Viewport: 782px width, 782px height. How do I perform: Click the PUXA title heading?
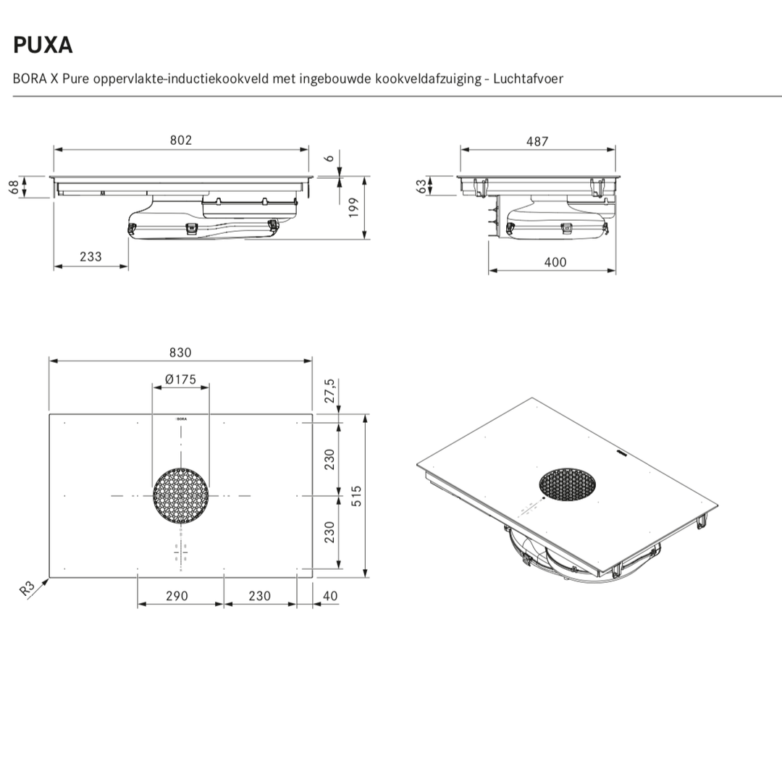tap(43, 45)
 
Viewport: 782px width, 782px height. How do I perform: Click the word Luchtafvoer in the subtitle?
tap(528, 78)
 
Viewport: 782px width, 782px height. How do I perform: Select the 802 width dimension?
tap(181, 140)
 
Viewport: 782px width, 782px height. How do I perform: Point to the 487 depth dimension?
tap(537, 141)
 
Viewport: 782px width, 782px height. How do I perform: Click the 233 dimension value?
tap(91, 256)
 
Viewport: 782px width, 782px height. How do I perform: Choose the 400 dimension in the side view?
tap(555, 262)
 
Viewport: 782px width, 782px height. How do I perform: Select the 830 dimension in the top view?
tap(180, 352)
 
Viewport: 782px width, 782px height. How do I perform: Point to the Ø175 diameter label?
tap(180, 379)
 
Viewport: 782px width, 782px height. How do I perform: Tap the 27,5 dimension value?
tap(329, 391)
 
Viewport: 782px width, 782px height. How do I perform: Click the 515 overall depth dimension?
tap(355, 496)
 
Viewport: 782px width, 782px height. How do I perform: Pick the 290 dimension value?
tap(177, 596)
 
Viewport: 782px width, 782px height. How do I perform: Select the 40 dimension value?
tap(329, 596)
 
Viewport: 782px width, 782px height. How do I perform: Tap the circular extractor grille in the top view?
tap(181, 496)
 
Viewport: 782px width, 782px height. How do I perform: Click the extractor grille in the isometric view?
tap(568, 484)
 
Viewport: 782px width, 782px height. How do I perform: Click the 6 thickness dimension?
tap(329, 157)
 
